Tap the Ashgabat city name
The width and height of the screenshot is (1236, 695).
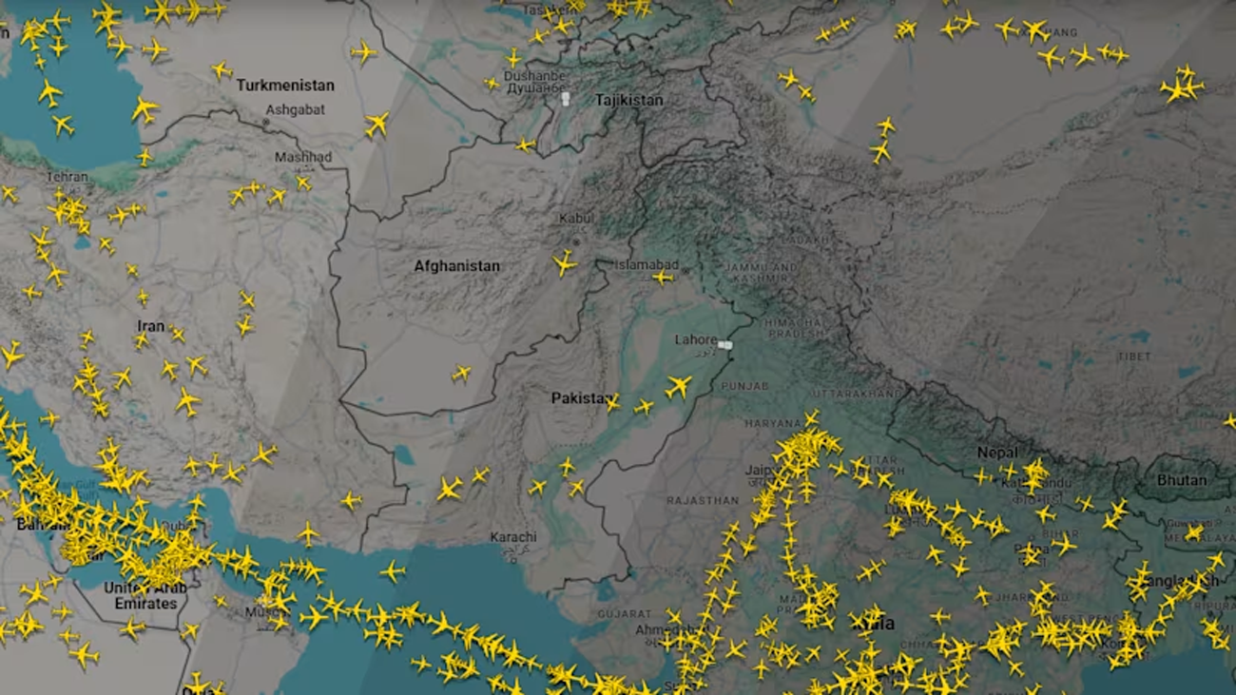(295, 109)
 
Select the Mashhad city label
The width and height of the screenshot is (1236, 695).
(303, 157)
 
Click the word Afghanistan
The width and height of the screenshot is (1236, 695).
(456, 266)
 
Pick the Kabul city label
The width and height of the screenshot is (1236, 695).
(575, 219)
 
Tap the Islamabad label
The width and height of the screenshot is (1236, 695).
(647, 264)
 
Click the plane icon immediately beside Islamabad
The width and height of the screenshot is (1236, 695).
(663, 278)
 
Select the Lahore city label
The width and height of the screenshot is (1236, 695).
(696, 339)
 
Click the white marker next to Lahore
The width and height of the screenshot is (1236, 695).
(726, 345)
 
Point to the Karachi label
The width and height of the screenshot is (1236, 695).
(513, 537)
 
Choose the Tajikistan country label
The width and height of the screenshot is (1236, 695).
(628, 100)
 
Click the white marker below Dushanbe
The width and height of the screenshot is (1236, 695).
(566, 98)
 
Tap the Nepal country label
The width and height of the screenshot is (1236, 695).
(996, 453)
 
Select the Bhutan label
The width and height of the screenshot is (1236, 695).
(1181, 480)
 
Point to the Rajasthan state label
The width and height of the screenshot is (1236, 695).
(703, 500)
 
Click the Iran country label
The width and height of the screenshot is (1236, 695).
(150, 326)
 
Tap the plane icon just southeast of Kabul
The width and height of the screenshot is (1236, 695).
(564, 262)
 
